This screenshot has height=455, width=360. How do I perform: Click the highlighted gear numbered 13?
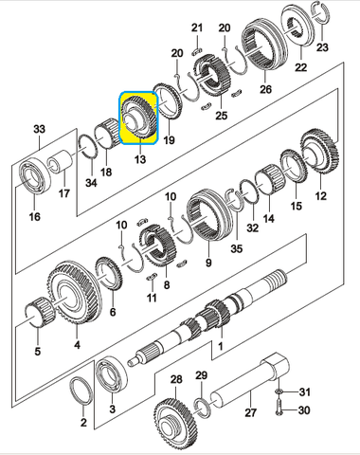[x=138, y=118]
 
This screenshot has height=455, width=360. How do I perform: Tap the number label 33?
[x=39, y=129]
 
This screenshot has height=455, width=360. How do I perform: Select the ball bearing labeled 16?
[x=34, y=178]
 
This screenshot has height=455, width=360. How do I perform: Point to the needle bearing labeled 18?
[x=108, y=133]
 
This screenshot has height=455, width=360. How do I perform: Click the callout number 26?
[x=265, y=89]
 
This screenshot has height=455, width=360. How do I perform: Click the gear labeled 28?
[x=174, y=426]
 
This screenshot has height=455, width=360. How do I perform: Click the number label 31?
[x=304, y=392]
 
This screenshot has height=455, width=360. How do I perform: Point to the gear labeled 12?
[x=319, y=155]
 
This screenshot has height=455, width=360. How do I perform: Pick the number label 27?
[x=250, y=412]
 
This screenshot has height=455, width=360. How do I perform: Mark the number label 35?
[x=237, y=248]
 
